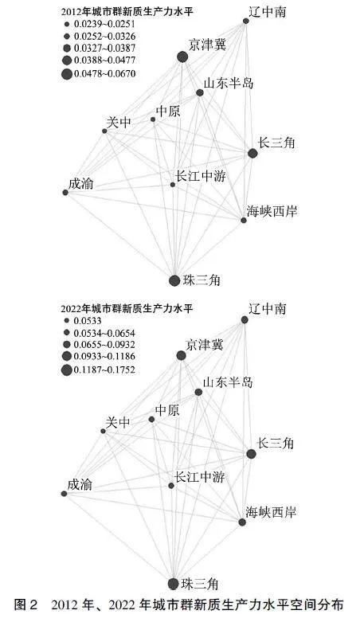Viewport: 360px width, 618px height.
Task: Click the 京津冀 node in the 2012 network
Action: click(x=182, y=57)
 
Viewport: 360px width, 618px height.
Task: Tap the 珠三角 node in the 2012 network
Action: click(x=174, y=280)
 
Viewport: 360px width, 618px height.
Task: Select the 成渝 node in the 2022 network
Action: click(x=65, y=494)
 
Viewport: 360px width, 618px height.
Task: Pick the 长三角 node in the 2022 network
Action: click(x=251, y=454)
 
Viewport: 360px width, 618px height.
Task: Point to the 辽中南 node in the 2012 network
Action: click(x=245, y=21)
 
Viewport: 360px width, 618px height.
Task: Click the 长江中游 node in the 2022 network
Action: click(x=171, y=486)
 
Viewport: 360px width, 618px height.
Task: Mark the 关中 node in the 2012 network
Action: click(x=104, y=131)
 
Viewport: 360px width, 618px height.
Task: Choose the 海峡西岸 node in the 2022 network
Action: click(x=242, y=522)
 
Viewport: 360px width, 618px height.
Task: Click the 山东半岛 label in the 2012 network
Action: click(x=229, y=83)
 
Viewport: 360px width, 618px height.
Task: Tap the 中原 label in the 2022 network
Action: click(x=167, y=410)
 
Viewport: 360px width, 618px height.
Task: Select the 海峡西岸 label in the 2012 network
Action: click(x=272, y=211)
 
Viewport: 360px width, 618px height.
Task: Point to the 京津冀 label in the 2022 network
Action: click(x=205, y=346)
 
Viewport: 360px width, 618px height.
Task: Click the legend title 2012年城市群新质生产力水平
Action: click(x=127, y=12)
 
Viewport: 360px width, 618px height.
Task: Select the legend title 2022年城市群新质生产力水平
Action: click(x=127, y=308)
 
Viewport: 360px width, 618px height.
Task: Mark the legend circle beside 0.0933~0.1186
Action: click(x=67, y=356)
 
